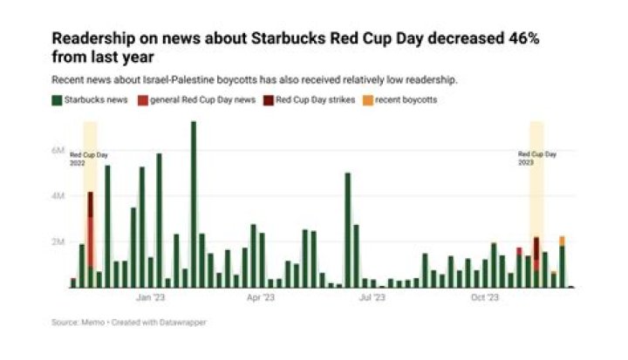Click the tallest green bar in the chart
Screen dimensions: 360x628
click(x=193, y=205)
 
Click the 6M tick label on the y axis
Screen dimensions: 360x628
click(x=58, y=151)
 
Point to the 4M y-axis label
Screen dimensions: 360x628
click(x=58, y=196)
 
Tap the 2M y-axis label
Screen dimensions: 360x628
click(x=58, y=241)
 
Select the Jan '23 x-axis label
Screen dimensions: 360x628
click(x=151, y=297)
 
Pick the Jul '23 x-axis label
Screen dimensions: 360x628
click(x=373, y=297)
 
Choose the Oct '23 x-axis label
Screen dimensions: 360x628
click(x=485, y=297)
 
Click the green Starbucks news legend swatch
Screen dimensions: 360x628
click(x=57, y=100)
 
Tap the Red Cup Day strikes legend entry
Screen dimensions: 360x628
click(x=315, y=100)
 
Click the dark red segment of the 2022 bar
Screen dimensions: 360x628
click(x=90, y=205)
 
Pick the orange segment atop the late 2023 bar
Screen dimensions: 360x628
click(x=562, y=241)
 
